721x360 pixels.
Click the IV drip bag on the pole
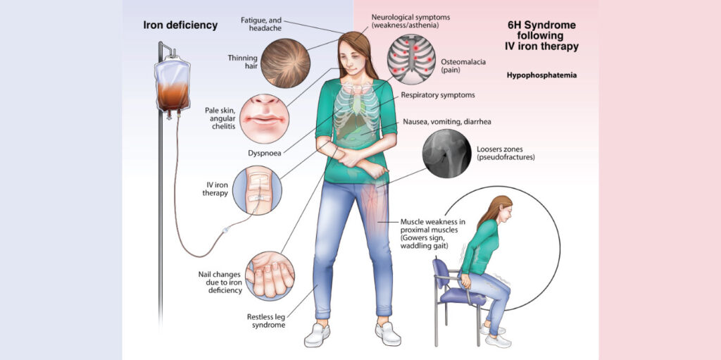click(x=173, y=86)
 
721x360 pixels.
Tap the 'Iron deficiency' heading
click(x=180, y=25)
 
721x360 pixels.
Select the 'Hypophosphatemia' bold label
click(x=541, y=75)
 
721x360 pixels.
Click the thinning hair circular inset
click(x=285, y=63)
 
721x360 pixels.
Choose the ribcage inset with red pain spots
click(x=411, y=59)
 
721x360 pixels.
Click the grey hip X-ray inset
click(x=447, y=154)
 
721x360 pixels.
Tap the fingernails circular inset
click(x=270, y=276)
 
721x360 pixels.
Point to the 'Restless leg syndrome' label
click(x=262, y=321)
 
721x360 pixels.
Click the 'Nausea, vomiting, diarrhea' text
click(x=447, y=123)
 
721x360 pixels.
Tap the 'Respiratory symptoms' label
click(x=438, y=95)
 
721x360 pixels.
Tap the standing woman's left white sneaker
click(x=388, y=333)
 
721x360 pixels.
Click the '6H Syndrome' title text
click(x=540, y=25)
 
